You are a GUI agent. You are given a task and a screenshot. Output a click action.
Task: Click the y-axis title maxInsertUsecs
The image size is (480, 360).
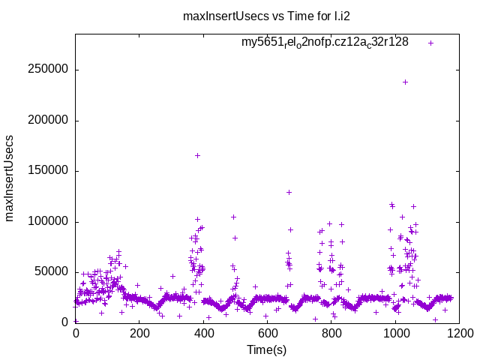[10, 178]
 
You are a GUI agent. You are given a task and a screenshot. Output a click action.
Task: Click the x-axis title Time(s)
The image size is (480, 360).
[266, 349]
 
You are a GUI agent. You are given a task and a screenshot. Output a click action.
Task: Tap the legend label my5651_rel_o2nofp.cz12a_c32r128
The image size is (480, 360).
[324, 43]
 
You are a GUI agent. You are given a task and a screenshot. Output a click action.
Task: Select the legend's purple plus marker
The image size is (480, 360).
[430, 43]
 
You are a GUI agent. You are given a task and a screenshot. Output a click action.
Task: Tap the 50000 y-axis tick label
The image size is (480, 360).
[51, 272]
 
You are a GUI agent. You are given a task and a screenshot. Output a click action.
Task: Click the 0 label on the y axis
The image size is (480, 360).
[66, 322]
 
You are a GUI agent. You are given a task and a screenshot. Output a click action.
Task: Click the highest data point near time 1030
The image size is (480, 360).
[405, 82]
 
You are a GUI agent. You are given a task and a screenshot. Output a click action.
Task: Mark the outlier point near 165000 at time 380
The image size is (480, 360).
[197, 155]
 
